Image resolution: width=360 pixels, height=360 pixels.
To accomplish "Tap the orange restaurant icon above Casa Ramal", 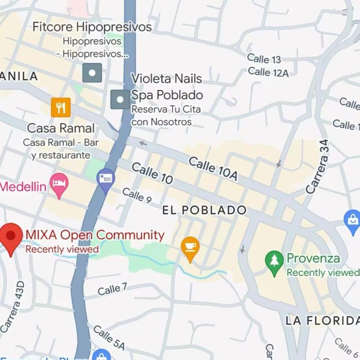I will pos(60,107).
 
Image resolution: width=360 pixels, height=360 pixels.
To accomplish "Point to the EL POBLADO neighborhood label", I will pos(204,210).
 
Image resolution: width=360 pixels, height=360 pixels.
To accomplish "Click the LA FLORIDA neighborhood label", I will pos(322,321).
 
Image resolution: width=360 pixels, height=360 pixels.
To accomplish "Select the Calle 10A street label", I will pos(213,168).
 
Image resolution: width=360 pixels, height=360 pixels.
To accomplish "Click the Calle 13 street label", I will pos(264,59).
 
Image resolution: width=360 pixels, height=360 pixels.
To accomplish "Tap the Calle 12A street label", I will pos(268,72).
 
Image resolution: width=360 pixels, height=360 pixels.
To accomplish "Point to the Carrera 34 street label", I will pos(318,167).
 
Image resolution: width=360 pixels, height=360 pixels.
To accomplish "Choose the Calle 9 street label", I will pos(137,195).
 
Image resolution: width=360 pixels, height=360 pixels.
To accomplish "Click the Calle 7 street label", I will pos(112,289).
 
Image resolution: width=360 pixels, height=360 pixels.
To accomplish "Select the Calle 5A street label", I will pos(109,338).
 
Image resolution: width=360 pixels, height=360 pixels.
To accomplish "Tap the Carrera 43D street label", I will pos(13,307).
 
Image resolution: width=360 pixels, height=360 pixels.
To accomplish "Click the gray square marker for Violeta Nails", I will pos(120,99).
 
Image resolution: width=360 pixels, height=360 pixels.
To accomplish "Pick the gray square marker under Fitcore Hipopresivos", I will pos(92,73).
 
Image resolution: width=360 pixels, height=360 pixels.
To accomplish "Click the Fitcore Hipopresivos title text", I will pos(92,27).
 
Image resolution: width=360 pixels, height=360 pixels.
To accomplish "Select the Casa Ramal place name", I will pos(61,128).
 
